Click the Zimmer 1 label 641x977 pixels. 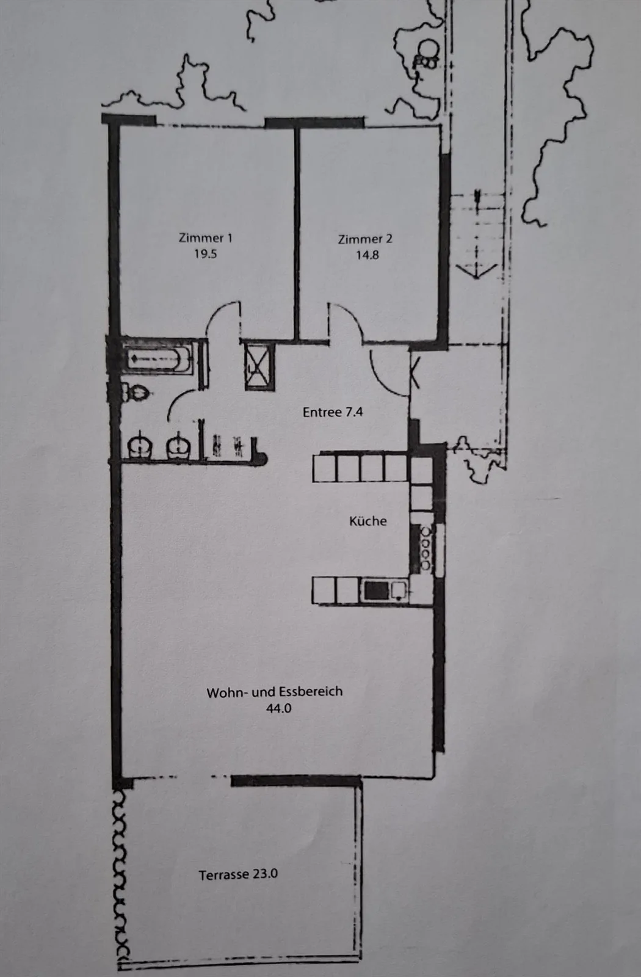(205, 238)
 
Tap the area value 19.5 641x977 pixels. (205, 254)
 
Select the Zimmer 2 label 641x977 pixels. (365, 239)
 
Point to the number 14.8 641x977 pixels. (367, 255)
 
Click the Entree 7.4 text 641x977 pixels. (333, 412)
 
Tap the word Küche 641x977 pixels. (368, 521)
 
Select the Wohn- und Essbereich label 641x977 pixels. (274, 692)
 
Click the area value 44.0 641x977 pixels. (278, 708)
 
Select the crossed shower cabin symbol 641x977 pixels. (259, 366)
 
